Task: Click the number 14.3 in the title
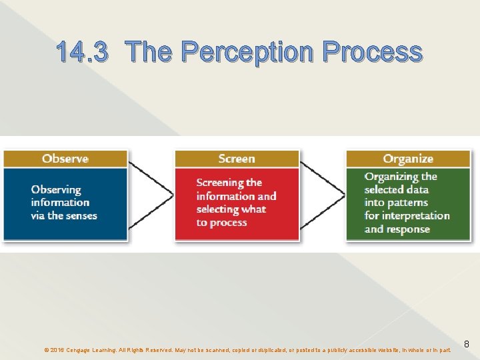[81, 51]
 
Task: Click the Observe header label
[65, 159]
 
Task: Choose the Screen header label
[237, 159]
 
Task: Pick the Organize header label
[408, 159]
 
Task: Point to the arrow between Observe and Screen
[151, 194]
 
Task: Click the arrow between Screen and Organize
[323, 194]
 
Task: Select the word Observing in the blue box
[56, 190]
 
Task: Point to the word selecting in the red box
[219, 209]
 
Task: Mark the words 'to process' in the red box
[212, 222]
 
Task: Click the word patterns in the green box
[406, 203]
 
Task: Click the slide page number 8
[467, 344]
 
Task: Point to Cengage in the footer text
[81, 349]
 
